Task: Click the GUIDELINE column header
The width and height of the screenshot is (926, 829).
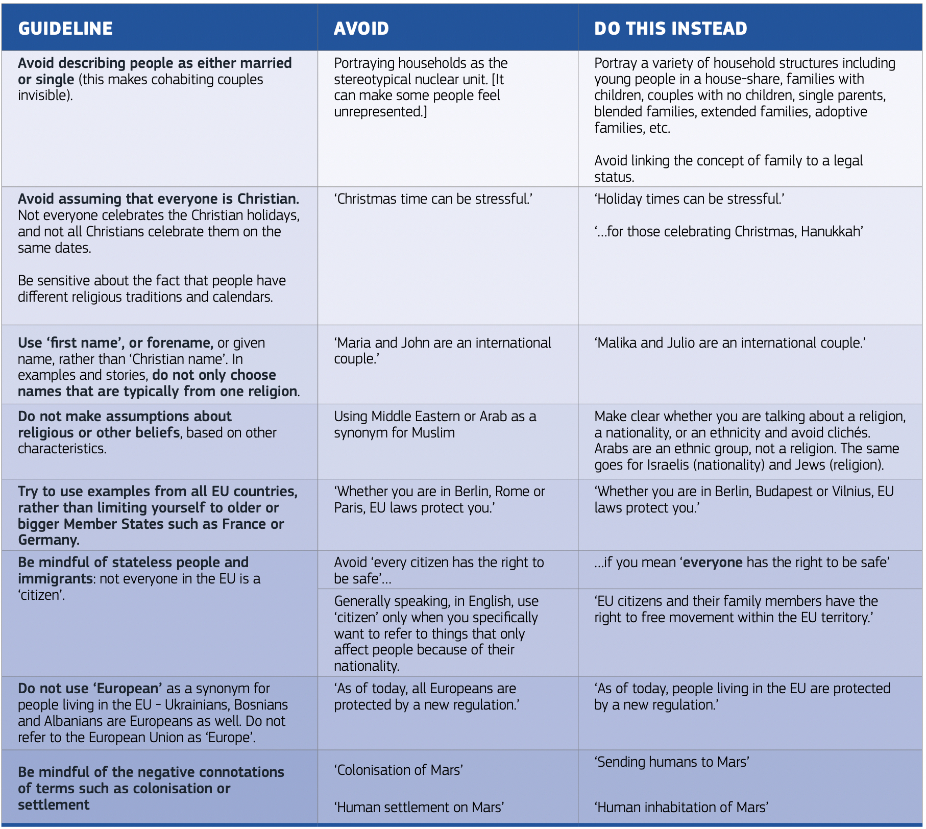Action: (65, 29)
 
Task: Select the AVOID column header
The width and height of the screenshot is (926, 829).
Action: (361, 29)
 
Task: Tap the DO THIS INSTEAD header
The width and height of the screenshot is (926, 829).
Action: (670, 29)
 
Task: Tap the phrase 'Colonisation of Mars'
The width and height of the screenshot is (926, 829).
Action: (399, 770)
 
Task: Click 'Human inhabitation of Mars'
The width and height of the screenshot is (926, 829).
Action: (681, 807)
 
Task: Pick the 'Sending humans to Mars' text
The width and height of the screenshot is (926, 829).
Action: (672, 762)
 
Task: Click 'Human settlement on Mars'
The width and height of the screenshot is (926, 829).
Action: (419, 807)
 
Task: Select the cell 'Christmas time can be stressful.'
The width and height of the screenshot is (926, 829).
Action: (433, 199)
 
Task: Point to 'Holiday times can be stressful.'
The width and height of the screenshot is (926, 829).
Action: (689, 199)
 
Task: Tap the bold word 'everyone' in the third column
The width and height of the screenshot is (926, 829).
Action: (713, 563)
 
